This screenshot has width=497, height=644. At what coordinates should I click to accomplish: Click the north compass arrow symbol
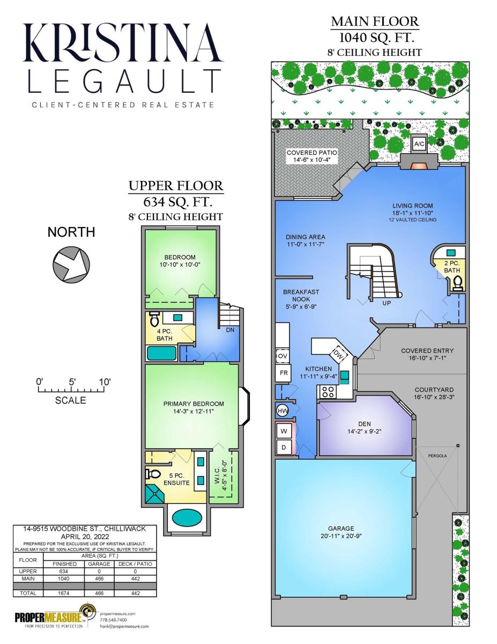(x=71, y=264)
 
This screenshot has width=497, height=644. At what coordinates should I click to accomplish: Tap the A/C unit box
(x=419, y=144)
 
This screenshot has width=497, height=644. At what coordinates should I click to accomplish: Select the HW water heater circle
(x=281, y=411)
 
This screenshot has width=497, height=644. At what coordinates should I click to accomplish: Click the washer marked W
(x=284, y=431)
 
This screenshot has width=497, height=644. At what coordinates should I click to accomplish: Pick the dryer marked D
(x=284, y=447)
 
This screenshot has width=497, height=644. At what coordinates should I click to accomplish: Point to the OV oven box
(x=283, y=356)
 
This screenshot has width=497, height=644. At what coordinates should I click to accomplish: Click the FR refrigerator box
(x=283, y=373)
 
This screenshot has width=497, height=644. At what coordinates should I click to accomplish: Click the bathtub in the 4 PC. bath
(x=162, y=353)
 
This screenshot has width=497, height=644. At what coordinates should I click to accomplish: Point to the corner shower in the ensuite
(x=154, y=493)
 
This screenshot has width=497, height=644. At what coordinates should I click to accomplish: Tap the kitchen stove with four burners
(x=328, y=391)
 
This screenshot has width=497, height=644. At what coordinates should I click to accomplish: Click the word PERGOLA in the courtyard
(x=437, y=456)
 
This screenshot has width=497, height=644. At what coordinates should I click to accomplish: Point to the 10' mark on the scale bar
(x=104, y=382)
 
